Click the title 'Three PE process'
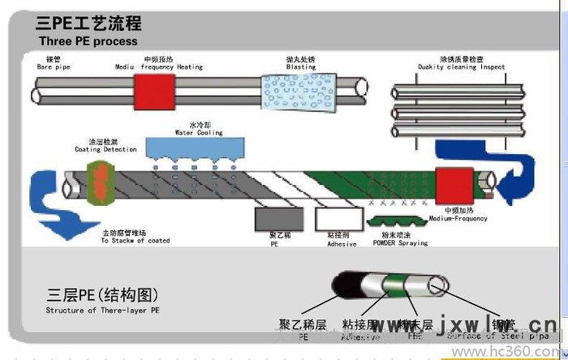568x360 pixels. (x=88, y=41)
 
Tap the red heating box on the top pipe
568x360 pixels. (x=148, y=88)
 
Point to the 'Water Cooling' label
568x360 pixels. (x=199, y=132)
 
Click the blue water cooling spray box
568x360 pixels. (x=195, y=147)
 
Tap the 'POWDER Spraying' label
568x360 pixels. (x=400, y=242)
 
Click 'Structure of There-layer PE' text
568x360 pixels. (x=102, y=310)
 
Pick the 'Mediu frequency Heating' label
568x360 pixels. (x=159, y=67)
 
